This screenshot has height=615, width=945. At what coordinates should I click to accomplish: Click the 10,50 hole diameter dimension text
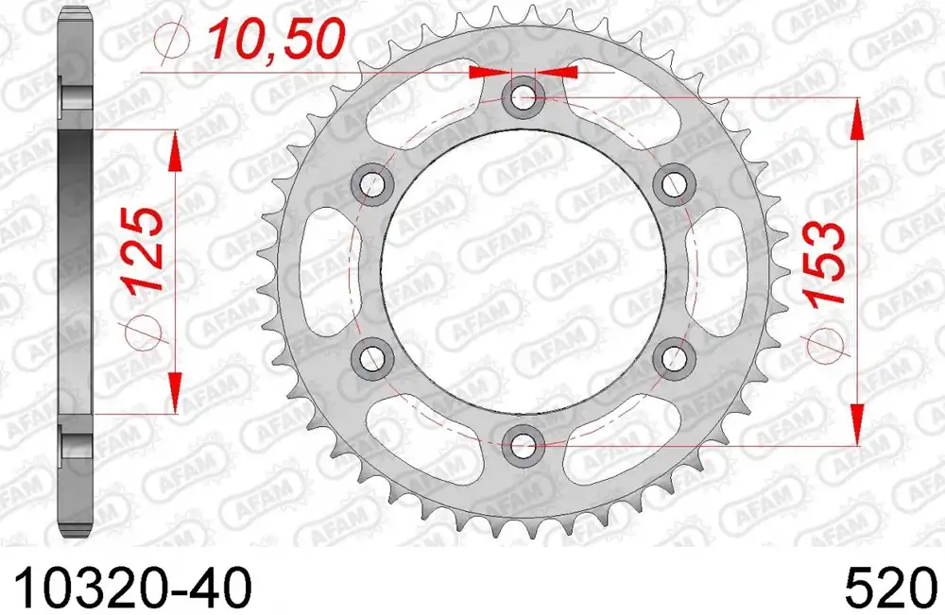(276, 39)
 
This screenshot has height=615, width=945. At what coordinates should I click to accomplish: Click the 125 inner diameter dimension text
(144, 250)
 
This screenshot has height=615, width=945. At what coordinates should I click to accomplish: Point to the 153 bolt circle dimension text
(823, 265)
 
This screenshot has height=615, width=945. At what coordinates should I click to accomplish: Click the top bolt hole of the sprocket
(523, 96)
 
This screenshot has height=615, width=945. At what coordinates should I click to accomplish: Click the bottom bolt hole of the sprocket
(523, 446)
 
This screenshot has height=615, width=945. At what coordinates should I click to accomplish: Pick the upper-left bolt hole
(373, 183)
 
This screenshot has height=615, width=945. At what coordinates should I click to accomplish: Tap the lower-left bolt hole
(373, 359)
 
